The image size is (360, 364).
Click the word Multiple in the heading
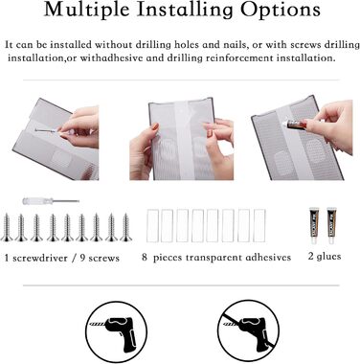coord(86,11)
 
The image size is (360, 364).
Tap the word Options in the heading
coord(281,11)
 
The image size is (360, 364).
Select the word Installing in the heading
coord(185,11)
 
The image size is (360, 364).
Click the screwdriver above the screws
coord(51,201)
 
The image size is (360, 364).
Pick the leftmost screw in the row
coord(7,228)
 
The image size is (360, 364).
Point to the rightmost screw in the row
coord(126,228)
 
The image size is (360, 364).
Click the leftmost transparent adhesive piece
coord(152,225)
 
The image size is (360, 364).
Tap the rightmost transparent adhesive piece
coord(259,225)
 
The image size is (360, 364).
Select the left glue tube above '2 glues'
coord(314,225)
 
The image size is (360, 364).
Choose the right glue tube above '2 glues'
coord(331,225)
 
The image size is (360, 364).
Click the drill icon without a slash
coord(117,332)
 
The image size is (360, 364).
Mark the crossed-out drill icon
coord(248,331)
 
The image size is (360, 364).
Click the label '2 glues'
coord(325,256)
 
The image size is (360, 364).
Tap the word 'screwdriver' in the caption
coord(40,258)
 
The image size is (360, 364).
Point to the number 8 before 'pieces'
coord(145,257)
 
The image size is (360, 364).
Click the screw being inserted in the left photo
coord(47,130)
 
